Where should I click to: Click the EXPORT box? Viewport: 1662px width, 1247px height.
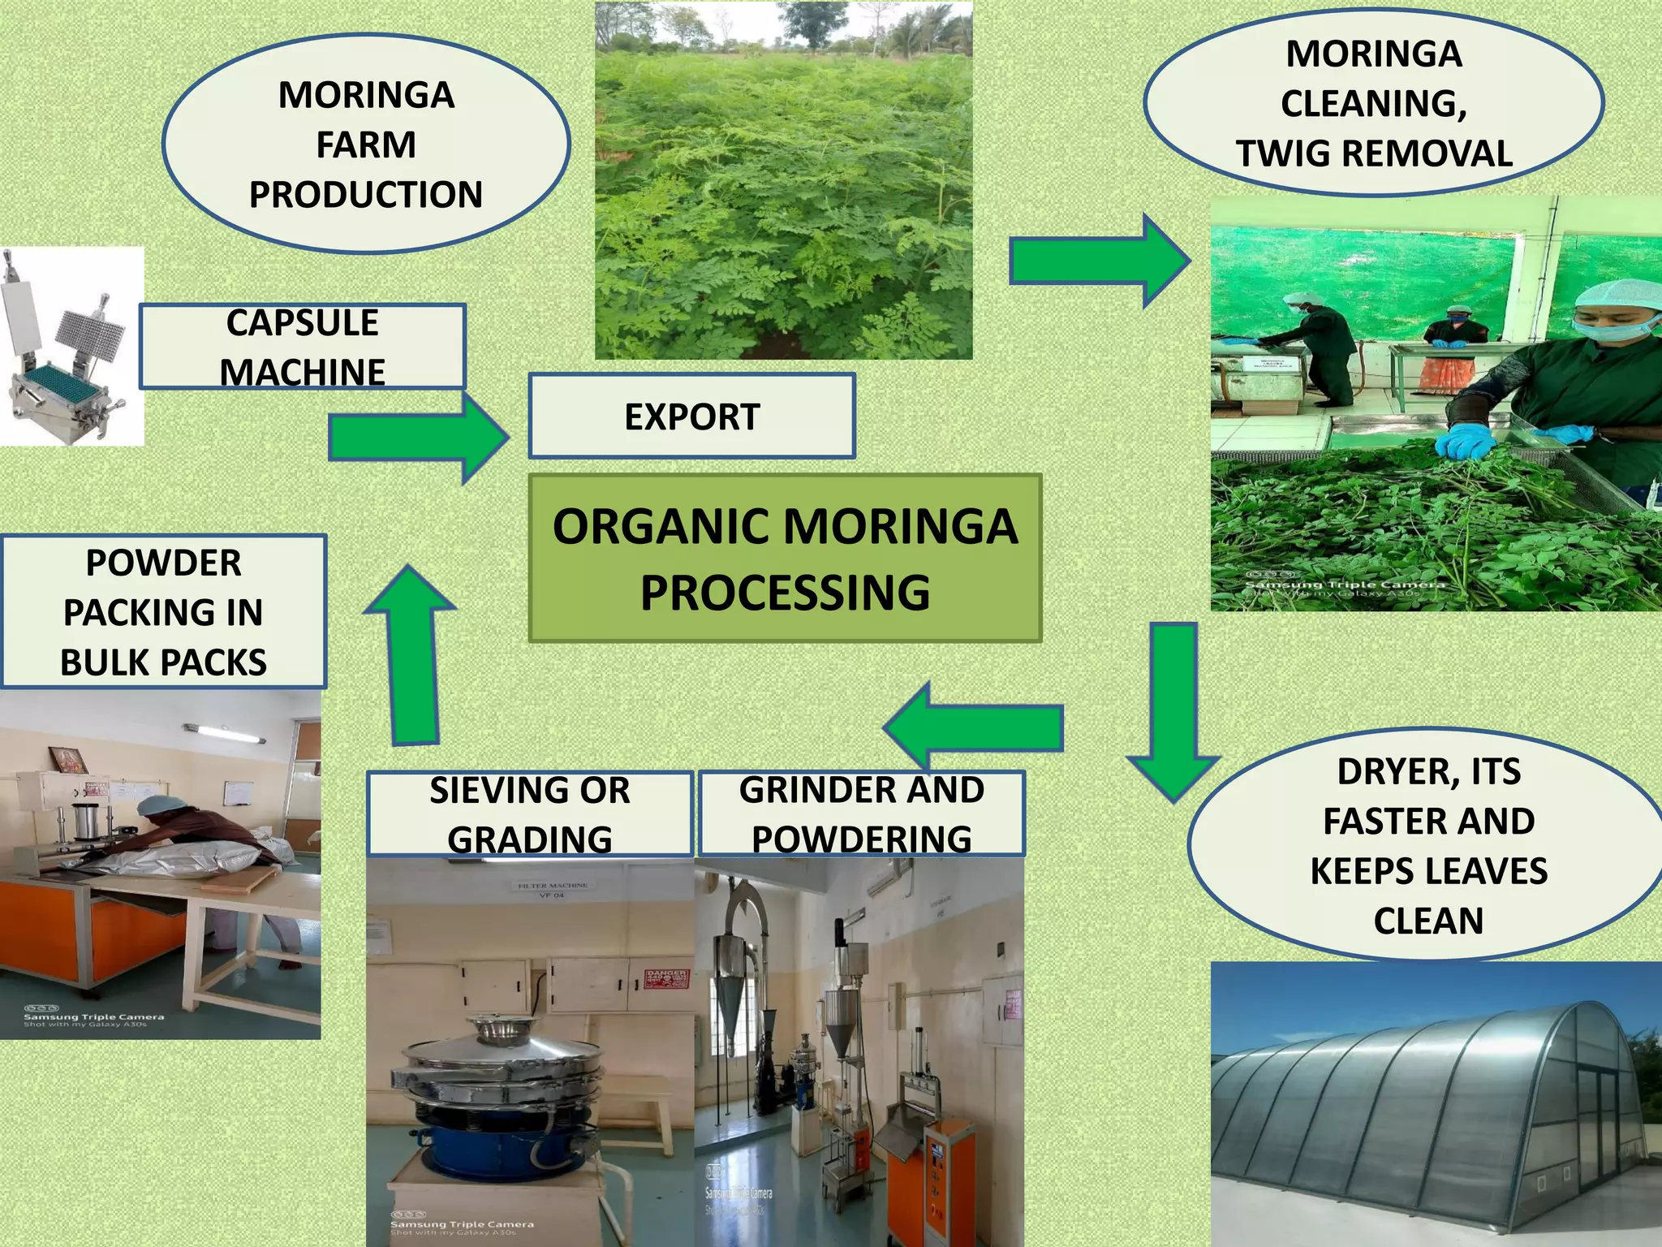(691, 416)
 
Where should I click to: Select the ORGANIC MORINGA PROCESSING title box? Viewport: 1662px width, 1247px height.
(785, 559)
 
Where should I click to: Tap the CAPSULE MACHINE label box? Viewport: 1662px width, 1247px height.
(302, 347)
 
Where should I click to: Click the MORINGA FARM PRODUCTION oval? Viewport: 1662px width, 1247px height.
(365, 145)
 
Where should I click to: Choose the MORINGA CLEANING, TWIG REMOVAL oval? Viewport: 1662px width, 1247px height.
(1373, 103)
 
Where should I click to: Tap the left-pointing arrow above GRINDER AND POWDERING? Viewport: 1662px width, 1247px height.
(975, 726)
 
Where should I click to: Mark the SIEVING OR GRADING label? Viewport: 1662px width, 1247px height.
(529, 813)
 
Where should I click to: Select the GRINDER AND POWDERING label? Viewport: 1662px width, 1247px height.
(861, 813)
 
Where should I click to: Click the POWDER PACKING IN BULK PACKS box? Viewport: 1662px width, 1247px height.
(163, 612)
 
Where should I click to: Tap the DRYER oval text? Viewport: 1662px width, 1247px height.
(1428, 845)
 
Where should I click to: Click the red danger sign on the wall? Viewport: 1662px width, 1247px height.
(666, 978)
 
